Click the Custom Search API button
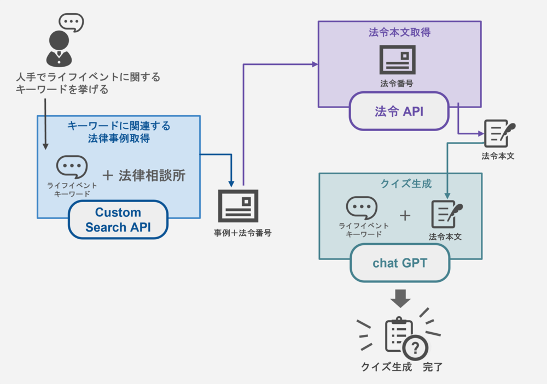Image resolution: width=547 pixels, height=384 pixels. pyautogui.click(x=118, y=220)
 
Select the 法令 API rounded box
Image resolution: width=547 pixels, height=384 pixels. pyautogui.click(x=399, y=111)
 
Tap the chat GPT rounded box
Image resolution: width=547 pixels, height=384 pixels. pyautogui.click(x=400, y=263)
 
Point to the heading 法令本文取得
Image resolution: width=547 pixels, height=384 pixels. pyautogui.click(x=399, y=32)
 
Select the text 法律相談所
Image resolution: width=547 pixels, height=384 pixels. pyautogui.click(x=152, y=175)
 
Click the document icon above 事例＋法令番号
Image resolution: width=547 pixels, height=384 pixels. pyautogui.click(x=238, y=206)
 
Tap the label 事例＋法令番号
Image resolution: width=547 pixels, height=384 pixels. pyautogui.click(x=242, y=233)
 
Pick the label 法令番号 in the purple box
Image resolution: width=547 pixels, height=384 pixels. pyautogui.click(x=397, y=84)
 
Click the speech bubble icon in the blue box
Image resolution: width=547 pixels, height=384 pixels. pyautogui.click(x=72, y=167)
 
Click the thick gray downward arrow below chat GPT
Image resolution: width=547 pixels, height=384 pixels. pyautogui.click(x=401, y=298)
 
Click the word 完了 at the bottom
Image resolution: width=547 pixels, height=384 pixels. pyautogui.click(x=432, y=367)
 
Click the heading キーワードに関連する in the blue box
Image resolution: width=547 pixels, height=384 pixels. pyautogui.click(x=119, y=126)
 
